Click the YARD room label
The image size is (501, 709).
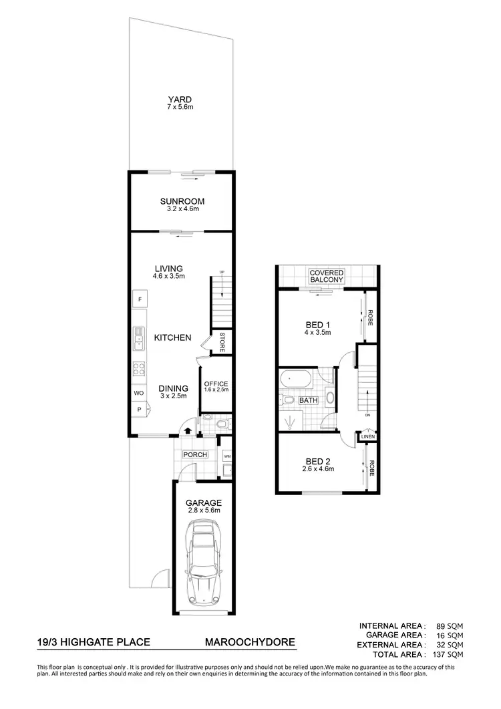180,100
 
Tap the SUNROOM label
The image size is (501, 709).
182,201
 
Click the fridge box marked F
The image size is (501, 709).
140,300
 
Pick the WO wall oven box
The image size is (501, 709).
140,393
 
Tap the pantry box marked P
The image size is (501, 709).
140,409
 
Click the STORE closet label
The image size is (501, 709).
222,341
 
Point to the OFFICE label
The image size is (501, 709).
216,384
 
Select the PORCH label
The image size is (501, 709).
194,455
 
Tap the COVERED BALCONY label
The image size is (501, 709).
327,277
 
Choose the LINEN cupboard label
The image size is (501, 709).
367,437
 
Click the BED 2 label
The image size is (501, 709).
317,462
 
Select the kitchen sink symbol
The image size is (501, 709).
139,339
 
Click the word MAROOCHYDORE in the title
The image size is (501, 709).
249,643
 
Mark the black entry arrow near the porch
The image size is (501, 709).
188,432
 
